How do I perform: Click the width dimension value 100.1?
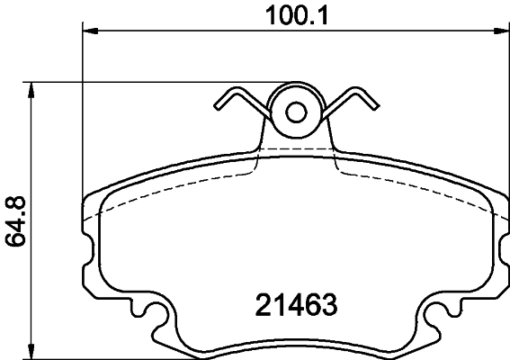pyautogui.click(x=293, y=15)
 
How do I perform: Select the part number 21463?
pyautogui.click(x=291, y=305)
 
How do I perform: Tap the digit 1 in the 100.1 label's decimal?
pyautogui.click(x=316, y=15)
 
